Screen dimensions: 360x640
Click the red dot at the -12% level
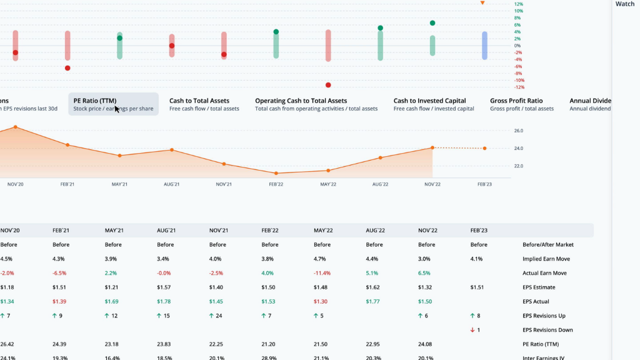click(x=328, y=85)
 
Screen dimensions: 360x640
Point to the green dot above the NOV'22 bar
click(x=432, y=23)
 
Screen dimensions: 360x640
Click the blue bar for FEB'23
click(x=484, y=46)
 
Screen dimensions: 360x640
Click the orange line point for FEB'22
click(x=276, y=173)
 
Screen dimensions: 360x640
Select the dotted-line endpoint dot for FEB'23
click(x=484, y=148)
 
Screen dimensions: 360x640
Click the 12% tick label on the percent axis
click(x=518, y=4)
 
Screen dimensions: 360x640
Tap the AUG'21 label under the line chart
click(x=172, y=184)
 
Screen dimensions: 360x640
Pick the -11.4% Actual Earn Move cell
click(x=322, y=273)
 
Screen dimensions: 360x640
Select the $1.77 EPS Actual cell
click(x=374, y=302)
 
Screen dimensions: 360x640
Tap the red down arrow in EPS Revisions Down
click(x=472, y=330)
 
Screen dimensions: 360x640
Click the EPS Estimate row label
click(x=539, y=287)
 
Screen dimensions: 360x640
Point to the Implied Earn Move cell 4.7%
click(x=320, y=259)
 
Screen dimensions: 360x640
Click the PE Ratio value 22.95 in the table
click(x=374, y=344)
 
